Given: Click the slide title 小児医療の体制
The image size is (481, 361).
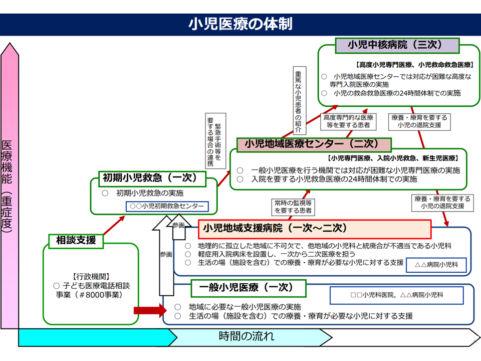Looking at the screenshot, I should (241, 24).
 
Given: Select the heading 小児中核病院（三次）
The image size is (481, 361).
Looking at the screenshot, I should (396, 45).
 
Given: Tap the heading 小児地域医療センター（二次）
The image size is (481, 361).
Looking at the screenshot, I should (311, 144).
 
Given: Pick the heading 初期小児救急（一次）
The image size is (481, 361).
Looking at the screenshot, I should (150, 177).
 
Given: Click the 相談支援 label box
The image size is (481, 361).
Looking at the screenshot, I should (76, 240).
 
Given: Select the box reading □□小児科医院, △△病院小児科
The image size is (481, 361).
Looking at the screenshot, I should (396, 295).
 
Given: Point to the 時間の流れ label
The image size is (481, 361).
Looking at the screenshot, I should (247, 336).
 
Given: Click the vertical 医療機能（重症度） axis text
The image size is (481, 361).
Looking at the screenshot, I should (7, 186).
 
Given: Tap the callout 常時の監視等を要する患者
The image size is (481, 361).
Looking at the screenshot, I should (293, 207).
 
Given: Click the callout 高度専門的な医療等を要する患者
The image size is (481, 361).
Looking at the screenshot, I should (346, 121).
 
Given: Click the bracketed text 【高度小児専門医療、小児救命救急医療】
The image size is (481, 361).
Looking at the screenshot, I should (414, 65).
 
